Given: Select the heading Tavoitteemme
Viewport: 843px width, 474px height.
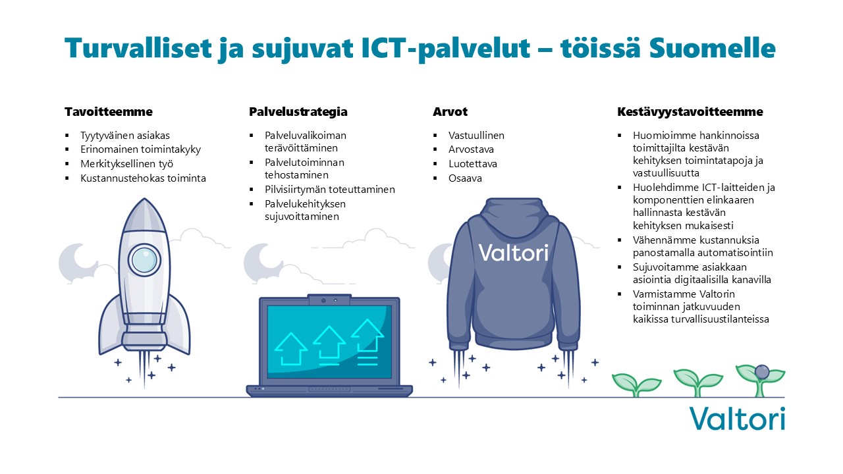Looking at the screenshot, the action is point(109,112).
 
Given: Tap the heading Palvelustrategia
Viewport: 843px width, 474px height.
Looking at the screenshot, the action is point(298,112).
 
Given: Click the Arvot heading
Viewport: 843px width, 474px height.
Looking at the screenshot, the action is point(450,112).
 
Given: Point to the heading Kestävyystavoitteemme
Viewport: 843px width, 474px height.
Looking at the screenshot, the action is point(690,112).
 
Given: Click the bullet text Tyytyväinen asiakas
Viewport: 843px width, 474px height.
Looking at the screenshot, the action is point(125,136).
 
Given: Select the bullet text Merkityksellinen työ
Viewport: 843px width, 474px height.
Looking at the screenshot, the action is point(127,164).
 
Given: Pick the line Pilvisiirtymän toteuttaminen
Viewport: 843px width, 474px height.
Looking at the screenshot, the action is point(330,189).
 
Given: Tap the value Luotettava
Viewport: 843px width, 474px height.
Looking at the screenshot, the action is point(473,164).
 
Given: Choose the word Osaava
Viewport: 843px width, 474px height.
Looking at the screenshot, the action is point(465,178).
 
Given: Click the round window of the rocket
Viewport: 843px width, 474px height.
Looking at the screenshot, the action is point(144,260).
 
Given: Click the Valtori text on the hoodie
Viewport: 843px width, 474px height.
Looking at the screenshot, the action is point(513,252).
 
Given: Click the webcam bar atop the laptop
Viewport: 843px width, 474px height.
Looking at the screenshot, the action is point(329,300).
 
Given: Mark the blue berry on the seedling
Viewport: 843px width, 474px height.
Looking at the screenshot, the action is point(762,372).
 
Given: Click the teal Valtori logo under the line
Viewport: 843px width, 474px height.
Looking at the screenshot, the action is point(737,419).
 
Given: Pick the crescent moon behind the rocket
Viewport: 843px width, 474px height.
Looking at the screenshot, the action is point(75,261).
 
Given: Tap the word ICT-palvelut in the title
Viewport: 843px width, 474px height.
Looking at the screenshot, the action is point(445,49).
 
